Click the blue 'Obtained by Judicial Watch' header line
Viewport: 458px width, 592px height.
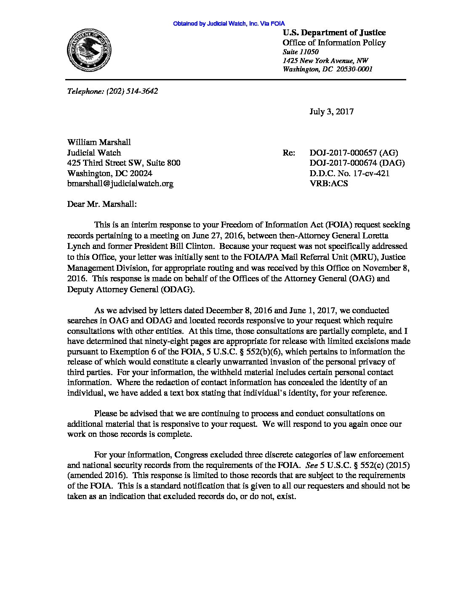(229, 24)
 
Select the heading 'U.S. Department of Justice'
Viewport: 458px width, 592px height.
(334, 33)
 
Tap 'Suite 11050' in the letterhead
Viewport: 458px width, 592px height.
(300, 52)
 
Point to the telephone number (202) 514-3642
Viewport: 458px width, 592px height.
(132, 91)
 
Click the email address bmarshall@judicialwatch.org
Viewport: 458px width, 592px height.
(120, 183)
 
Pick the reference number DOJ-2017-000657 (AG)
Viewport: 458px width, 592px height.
(354, 153)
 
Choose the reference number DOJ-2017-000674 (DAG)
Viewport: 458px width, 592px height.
(357, 163)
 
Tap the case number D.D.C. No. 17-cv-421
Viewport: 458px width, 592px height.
(349, 173)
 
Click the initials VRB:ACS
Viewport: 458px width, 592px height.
(329, 183)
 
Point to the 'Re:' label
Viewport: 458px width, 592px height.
(289, 153)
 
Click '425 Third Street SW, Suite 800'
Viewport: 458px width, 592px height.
(124, 163)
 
